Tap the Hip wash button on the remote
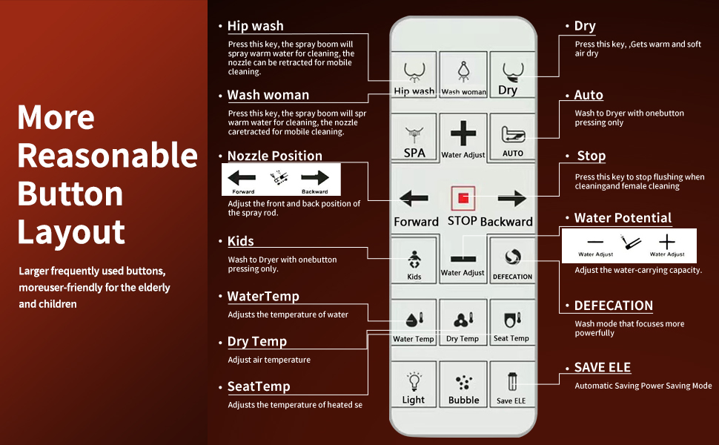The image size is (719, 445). (x=414, y=74)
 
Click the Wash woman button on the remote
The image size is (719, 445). (x=463, y=74)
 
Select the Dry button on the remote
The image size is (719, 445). (x=511, y=74)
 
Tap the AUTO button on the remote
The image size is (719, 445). (x=512, y=137)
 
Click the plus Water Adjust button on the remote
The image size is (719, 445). (x=463, y=137)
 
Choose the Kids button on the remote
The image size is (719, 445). (x=414, y=260)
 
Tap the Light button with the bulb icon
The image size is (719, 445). (x=414, y=385)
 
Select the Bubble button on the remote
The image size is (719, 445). (x=463, y=385)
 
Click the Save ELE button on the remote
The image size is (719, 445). (x=511, y=385)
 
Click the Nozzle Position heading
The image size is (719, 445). (x=274, y=156)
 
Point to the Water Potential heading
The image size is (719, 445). (x=623, y=218)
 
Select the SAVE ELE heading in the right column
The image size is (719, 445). (x=603, y=368)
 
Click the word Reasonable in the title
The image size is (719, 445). (x=107, y=156)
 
